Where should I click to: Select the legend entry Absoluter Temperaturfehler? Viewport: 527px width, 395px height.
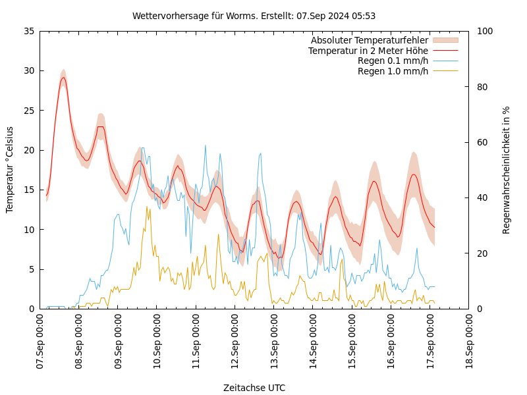coord(369,40)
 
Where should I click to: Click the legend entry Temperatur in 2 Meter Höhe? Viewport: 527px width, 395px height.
coord(368,51)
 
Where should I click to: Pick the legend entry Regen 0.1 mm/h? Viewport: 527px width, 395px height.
coord(393,61)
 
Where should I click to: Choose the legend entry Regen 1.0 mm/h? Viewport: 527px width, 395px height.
coord(393,71)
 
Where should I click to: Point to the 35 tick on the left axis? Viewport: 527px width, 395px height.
coord(28,31)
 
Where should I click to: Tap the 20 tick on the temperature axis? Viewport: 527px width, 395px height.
coord(28,150)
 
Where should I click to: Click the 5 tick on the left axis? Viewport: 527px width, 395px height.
coord(31,269)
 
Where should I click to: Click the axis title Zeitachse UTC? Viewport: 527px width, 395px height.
coord(254,388)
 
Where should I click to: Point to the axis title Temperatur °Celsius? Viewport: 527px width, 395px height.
coord(10,169)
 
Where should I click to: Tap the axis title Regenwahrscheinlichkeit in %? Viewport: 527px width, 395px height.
coord(507,170)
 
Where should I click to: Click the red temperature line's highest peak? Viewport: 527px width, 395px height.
coord(63,78)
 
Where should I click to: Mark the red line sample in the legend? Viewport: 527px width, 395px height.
coord(445,51)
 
